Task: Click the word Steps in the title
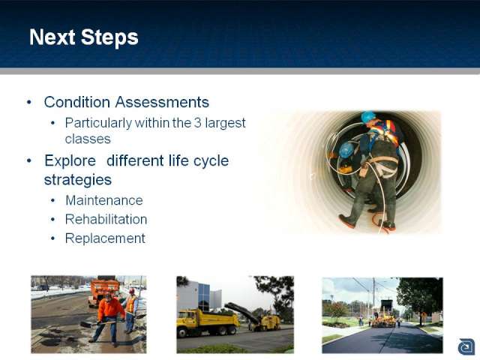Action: (x=109, y=37)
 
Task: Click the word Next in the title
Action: (x=52, y=37)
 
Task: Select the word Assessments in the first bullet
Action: (x=162, y=102)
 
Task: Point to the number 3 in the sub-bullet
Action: (x=198, y=123)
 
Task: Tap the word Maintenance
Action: (x=104, y=200)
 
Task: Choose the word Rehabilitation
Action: (x=106, y=220)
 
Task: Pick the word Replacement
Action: (x=105, y=238)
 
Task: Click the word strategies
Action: (x=78, y=180)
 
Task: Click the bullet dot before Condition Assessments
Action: (x=29, y=102)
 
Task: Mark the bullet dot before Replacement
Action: (x=53, y=238)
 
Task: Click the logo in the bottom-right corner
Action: (x=466, y=346)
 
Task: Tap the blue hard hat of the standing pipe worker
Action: (x=368, y=117)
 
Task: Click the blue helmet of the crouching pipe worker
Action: (x=346, y=150)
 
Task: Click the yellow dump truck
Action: (x=208, y=322)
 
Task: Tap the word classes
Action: (x=88, y=139)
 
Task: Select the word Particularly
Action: (x=98, y=123)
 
